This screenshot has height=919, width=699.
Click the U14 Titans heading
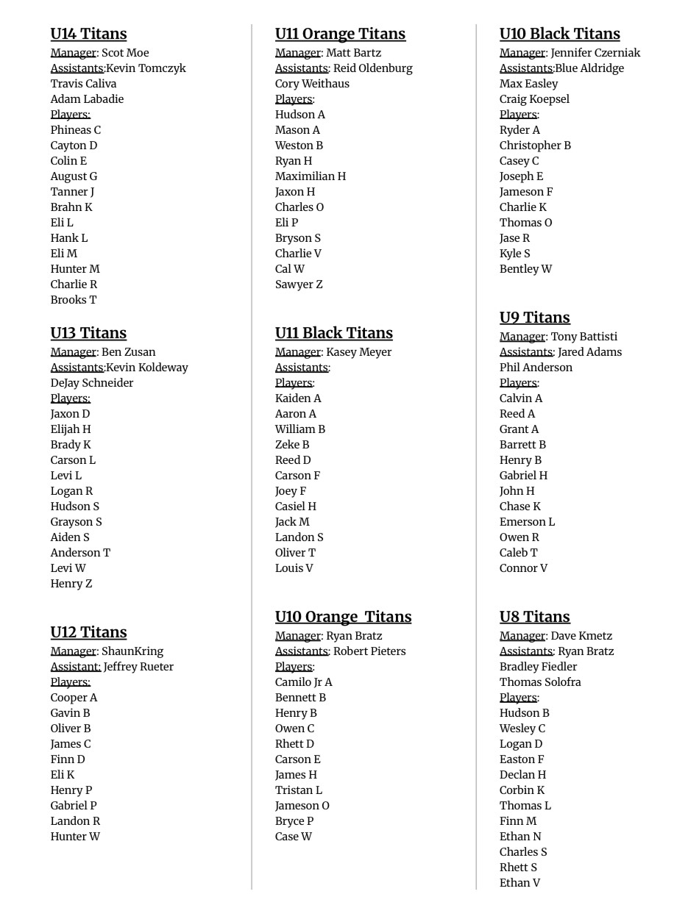click(88, 34)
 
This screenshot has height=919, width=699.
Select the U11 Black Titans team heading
click(333, 333)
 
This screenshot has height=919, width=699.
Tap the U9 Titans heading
click(534, 318)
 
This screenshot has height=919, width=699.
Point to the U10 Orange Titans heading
click(343, 617)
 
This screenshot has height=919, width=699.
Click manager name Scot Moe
click(125, 53)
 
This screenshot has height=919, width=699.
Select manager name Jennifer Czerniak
click(595, 53)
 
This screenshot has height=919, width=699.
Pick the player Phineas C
click(76, 130)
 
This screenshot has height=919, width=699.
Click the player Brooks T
click(74, 300)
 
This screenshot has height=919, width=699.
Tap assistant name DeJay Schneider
click(92, 383)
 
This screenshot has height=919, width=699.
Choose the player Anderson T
click(80, 553)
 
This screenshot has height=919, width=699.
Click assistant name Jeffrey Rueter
click(138, 667)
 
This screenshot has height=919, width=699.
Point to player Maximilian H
click(311, 176)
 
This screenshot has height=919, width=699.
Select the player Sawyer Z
click(299, 285)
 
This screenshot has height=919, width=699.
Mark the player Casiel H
click(296, 507)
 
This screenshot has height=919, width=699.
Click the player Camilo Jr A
click(304, 682)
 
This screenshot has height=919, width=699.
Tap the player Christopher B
click(535, 146)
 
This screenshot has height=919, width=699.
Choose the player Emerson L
click(527, 522)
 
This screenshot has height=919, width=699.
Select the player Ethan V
click(519, 883)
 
